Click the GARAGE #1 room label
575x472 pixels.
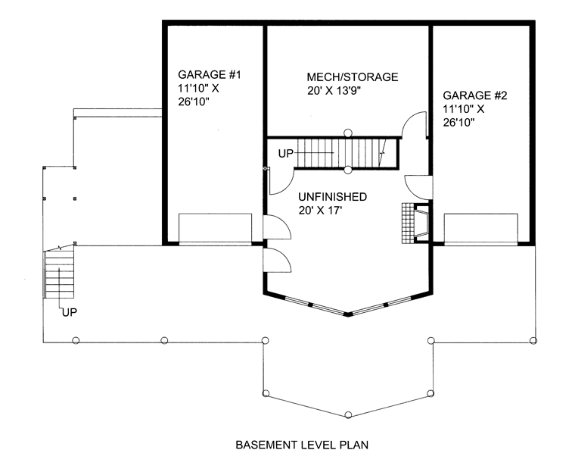pyautogui.click(x=210, y=74)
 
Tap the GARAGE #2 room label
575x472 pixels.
pyautogui.click(x=475, y=95)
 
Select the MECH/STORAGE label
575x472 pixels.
pyautogui.click(x=353, y=77)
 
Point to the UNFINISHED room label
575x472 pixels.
pyautogui.click(x=332, y=197)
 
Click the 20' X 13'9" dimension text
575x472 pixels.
pyautogui.click(x=334, y=91)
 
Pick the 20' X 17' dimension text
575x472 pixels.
pyautogui.click(x=318, y=211)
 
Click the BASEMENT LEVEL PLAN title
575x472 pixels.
pyautogui.click(x=302, y=445)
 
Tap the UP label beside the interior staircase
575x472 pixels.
pyautogui.click(x=286, y=154)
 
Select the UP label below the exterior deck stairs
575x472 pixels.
pyautogui.click(x=70, y=312)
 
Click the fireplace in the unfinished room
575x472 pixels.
pyautogui.click(x=421, y=223)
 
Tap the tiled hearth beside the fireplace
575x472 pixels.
pyautogui.click(x=408, y=223)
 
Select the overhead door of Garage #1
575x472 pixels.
pyautogui.click(x=216, y=228)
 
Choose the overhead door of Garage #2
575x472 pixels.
pyautogui.click(x=480, y=228)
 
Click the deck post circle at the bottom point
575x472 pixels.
pyautogui.click(x=348, y=415)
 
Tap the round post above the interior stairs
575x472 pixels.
pyautogui.click(x=348, y=133)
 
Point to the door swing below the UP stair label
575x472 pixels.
pyautogui.click(x=281, y=181)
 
